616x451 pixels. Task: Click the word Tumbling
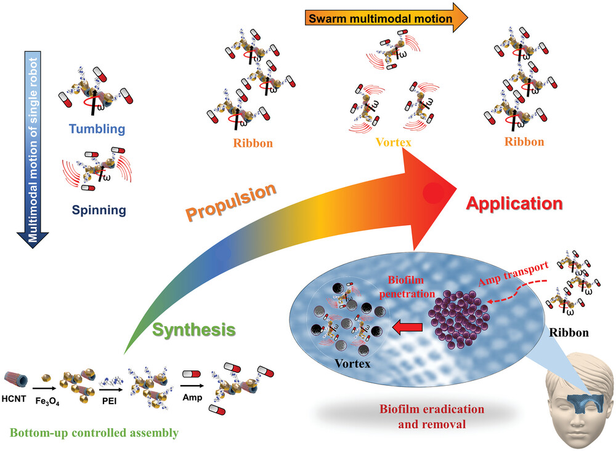pos(97,129)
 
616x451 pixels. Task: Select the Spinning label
pos(99,210)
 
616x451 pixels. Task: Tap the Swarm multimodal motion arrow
pos(386,18)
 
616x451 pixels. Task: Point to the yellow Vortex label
pos(393,142)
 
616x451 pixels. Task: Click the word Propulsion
pos(231,201)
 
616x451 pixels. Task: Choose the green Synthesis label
pos(193,330)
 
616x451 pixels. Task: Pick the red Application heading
pos(514,203)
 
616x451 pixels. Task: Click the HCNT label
pos(14,399)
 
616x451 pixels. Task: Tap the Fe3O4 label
pos(47,401)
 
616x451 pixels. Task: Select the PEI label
pos(109,401)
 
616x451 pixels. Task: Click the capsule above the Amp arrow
pos(192,374)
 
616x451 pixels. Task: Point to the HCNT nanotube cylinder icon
pos(16,380)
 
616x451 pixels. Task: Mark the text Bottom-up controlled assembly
pos(94,433)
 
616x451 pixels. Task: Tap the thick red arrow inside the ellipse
pos(408,327)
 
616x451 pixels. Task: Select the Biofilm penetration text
pos(407,287)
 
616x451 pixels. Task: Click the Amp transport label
pos(514,273)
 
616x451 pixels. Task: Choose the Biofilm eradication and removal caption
pos(432,417)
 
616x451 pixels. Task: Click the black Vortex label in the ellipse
pos(352,364)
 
